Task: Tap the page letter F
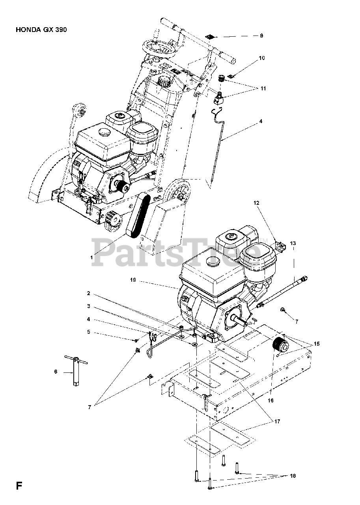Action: (19, 485)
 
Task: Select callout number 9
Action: (261, 36)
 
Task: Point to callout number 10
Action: (261, 58)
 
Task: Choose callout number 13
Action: (293, 243)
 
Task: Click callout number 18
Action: (292, 476)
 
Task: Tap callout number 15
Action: (317, 344)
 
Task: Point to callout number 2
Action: (89, 294)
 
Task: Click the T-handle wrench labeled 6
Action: (74, 371)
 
